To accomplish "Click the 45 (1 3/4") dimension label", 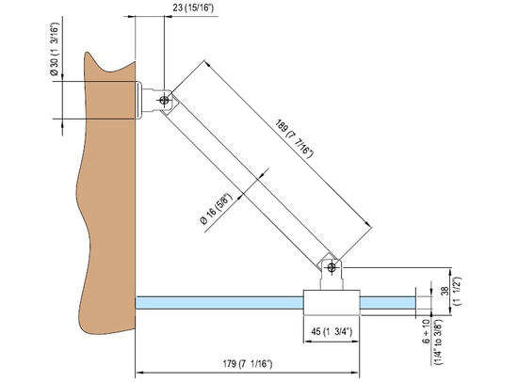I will [332, 330].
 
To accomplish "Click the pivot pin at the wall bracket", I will [165, 98].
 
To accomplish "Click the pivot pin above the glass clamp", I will [331, 266].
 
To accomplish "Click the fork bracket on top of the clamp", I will [331, 276].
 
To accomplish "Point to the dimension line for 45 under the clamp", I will [331, 320].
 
